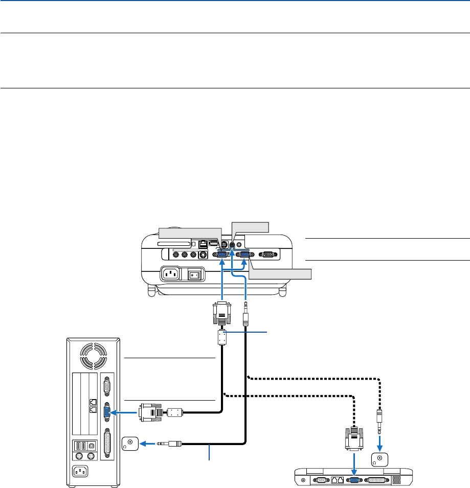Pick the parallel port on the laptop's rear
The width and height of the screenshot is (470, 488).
[x=378, y=480]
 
